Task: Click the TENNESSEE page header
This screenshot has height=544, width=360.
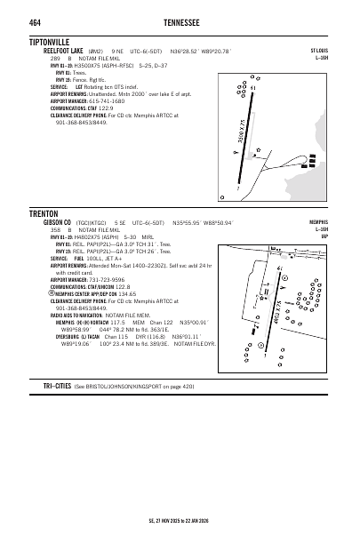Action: (181, 21)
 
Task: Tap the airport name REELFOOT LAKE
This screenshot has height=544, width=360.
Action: (63, 52)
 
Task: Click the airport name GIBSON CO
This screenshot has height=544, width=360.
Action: (57, 222)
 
